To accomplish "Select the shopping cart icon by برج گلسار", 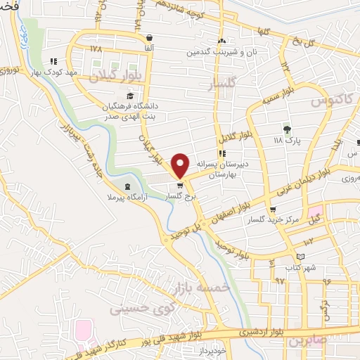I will coord(181,186).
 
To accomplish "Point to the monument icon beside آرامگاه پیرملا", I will coord(127,186).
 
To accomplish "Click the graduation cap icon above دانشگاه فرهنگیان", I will coord(129,96).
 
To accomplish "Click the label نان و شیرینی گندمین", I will coord(219,52).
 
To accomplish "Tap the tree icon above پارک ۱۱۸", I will coord(286,129).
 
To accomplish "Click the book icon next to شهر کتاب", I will coord(301,256).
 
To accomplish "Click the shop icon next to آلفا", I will coord(148,38).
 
